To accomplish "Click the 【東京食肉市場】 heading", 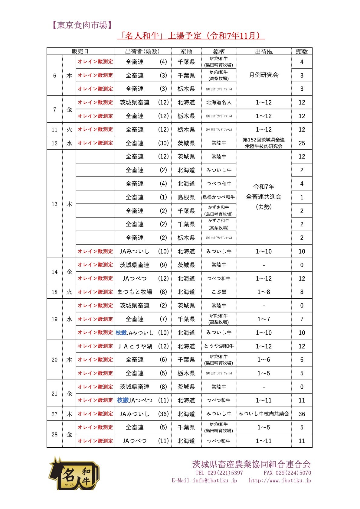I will [80, 25].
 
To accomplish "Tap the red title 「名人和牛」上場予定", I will [191, 36].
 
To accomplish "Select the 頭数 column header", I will [302, 51].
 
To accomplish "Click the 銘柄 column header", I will [218, 51].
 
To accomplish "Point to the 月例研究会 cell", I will [263, 75].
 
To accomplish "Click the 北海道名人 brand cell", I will [218, 102].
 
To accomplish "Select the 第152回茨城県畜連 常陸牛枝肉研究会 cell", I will [263, 143].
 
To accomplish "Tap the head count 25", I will [302, 143].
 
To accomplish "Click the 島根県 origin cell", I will [186, 197].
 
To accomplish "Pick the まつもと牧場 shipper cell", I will [135, 292].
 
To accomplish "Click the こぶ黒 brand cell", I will [218, 292].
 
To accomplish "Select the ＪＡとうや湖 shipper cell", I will [135, 346].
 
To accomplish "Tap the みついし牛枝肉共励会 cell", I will [263, 414].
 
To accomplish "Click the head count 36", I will [302, 414].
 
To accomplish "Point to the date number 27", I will [54, 414].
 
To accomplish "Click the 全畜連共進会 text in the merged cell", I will [263, 197].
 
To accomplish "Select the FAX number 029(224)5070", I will [287, 473].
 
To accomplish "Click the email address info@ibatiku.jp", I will [215, 480].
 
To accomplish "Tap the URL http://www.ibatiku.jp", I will [280, 480].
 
